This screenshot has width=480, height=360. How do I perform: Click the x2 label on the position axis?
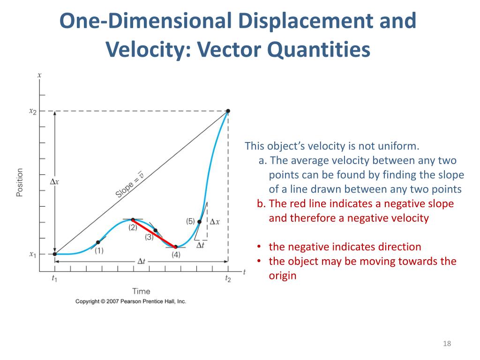pyautogui.click(x=32, y=111)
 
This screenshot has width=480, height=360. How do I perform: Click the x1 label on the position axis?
pyautogui.click(x=32, y=255)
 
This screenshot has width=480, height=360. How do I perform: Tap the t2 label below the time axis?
pyautogui.click(x=228, y=279)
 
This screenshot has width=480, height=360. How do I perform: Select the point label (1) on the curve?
pyautogui.click(x=99, y=251)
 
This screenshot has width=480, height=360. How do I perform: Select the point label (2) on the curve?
pyautogui.click(x=133, y=227)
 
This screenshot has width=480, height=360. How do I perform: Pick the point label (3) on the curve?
pyautogui.click(x=149, y=237)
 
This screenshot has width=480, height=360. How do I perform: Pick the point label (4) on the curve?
pyautogui.click(x=176, y=255)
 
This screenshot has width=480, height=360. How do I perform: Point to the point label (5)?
pyautogui.click(x=190, y=221)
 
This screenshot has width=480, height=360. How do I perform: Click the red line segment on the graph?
pyautogui.click(x=154, y=233)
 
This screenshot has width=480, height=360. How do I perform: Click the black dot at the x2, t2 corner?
pyautogui.click(x=228, y=111)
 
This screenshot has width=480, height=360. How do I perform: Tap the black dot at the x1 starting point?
pyautogui.click(x=54, y=254)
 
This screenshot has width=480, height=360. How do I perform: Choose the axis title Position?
pyautogui.click(x=20, y=182)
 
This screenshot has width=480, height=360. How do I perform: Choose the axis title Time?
pyautogui.click(x=141, y=292)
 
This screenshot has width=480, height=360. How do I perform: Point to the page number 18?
pyautogui.click(x=446, y=345)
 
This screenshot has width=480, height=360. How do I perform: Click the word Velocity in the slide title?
pyautogui.click(x=143, y=49)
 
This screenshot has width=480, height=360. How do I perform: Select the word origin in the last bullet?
pyautogui.click(x=283, y=276)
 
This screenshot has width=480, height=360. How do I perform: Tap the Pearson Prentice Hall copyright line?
pyautogui.click(x=131, y=301)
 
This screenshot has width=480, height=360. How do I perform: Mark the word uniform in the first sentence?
pyautogui.click(x=398, y=146)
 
